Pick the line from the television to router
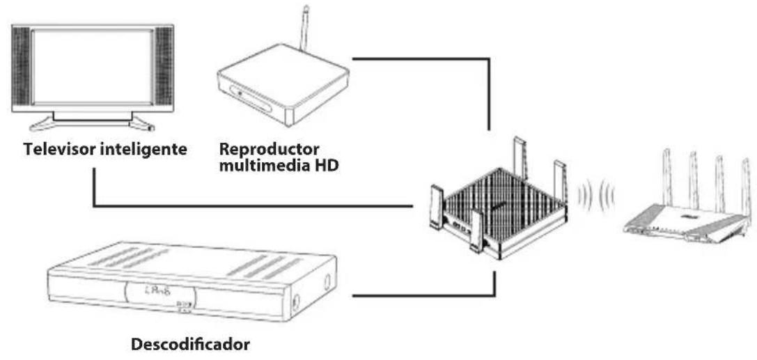[x=251, y=206]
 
